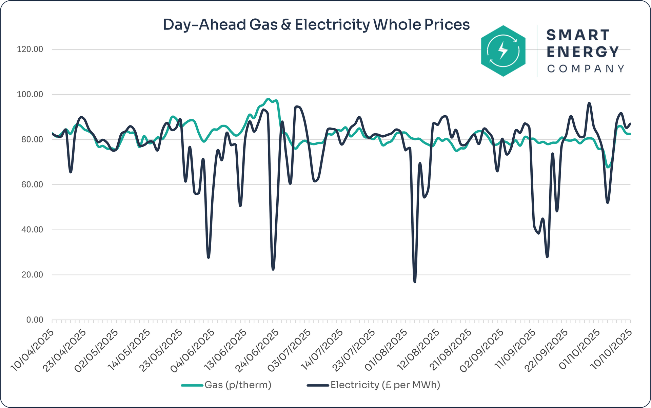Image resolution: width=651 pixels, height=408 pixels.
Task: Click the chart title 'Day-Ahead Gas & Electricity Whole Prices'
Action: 316,25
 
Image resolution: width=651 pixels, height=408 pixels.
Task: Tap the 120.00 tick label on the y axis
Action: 30,50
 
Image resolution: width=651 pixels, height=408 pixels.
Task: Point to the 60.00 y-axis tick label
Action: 30,184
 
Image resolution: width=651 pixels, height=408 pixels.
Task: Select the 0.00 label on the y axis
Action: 35,320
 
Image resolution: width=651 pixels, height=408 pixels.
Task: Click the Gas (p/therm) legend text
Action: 238,385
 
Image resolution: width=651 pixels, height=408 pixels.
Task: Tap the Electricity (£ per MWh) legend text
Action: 385,385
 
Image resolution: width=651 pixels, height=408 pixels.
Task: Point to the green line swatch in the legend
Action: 192,385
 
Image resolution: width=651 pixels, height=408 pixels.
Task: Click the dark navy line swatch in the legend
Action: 318,385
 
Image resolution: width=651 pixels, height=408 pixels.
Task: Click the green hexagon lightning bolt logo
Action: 503,51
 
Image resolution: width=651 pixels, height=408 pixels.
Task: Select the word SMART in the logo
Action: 578,35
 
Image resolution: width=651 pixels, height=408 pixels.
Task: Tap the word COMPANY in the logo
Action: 586,69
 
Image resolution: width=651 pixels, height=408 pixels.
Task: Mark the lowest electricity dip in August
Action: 415,281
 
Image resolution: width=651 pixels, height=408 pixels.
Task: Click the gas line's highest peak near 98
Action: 268,99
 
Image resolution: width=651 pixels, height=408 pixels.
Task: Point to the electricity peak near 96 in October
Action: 589,103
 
